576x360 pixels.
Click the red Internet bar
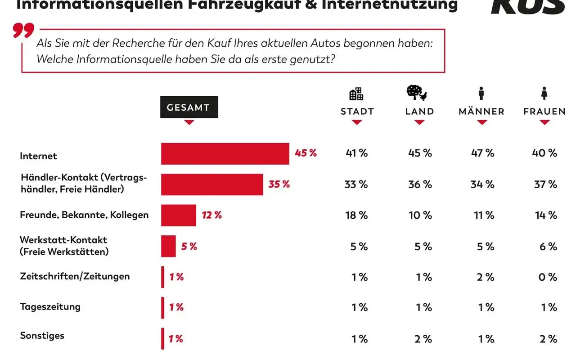(225, 154)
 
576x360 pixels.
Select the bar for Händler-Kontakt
(212, 184)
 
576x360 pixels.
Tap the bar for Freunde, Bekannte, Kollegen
(179, 215)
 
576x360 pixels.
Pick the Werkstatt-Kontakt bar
(168, 246)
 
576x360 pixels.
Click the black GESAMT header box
(189, 107)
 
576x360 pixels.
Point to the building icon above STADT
(356, 94)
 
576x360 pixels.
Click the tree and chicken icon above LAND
(417, 93)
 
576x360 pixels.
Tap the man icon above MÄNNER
(481, 94)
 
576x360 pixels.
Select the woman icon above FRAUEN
(544, 94)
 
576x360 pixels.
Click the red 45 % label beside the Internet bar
(306, 153)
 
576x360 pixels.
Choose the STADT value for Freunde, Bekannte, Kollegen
(357, 215)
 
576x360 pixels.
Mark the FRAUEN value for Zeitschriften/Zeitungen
(548, 277)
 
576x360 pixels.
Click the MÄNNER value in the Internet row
(483, 153)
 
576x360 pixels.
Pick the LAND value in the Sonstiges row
(423, 339)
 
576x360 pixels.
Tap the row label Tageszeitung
(50, 307)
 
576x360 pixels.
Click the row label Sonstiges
(42, 336)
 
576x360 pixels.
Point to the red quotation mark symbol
(23, 31)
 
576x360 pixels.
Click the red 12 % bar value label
(212, 215)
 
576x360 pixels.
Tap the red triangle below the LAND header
(419, 122)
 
